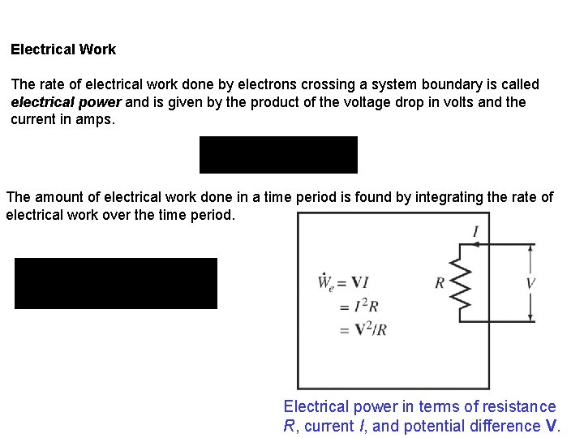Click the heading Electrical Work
pyautogui.click(x=63, y=49)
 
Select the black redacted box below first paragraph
pyautogui.click(x=278, y=155)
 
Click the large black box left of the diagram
pyautogui.click(x=116, y=283)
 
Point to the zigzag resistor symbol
pyautogui.click(x=461, y=282)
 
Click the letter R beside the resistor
pyautogui.click(x=440, y=283)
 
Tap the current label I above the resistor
pyautogui.click(x=475, y=233)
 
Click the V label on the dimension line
pyautogui.click(x=531, y=283)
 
